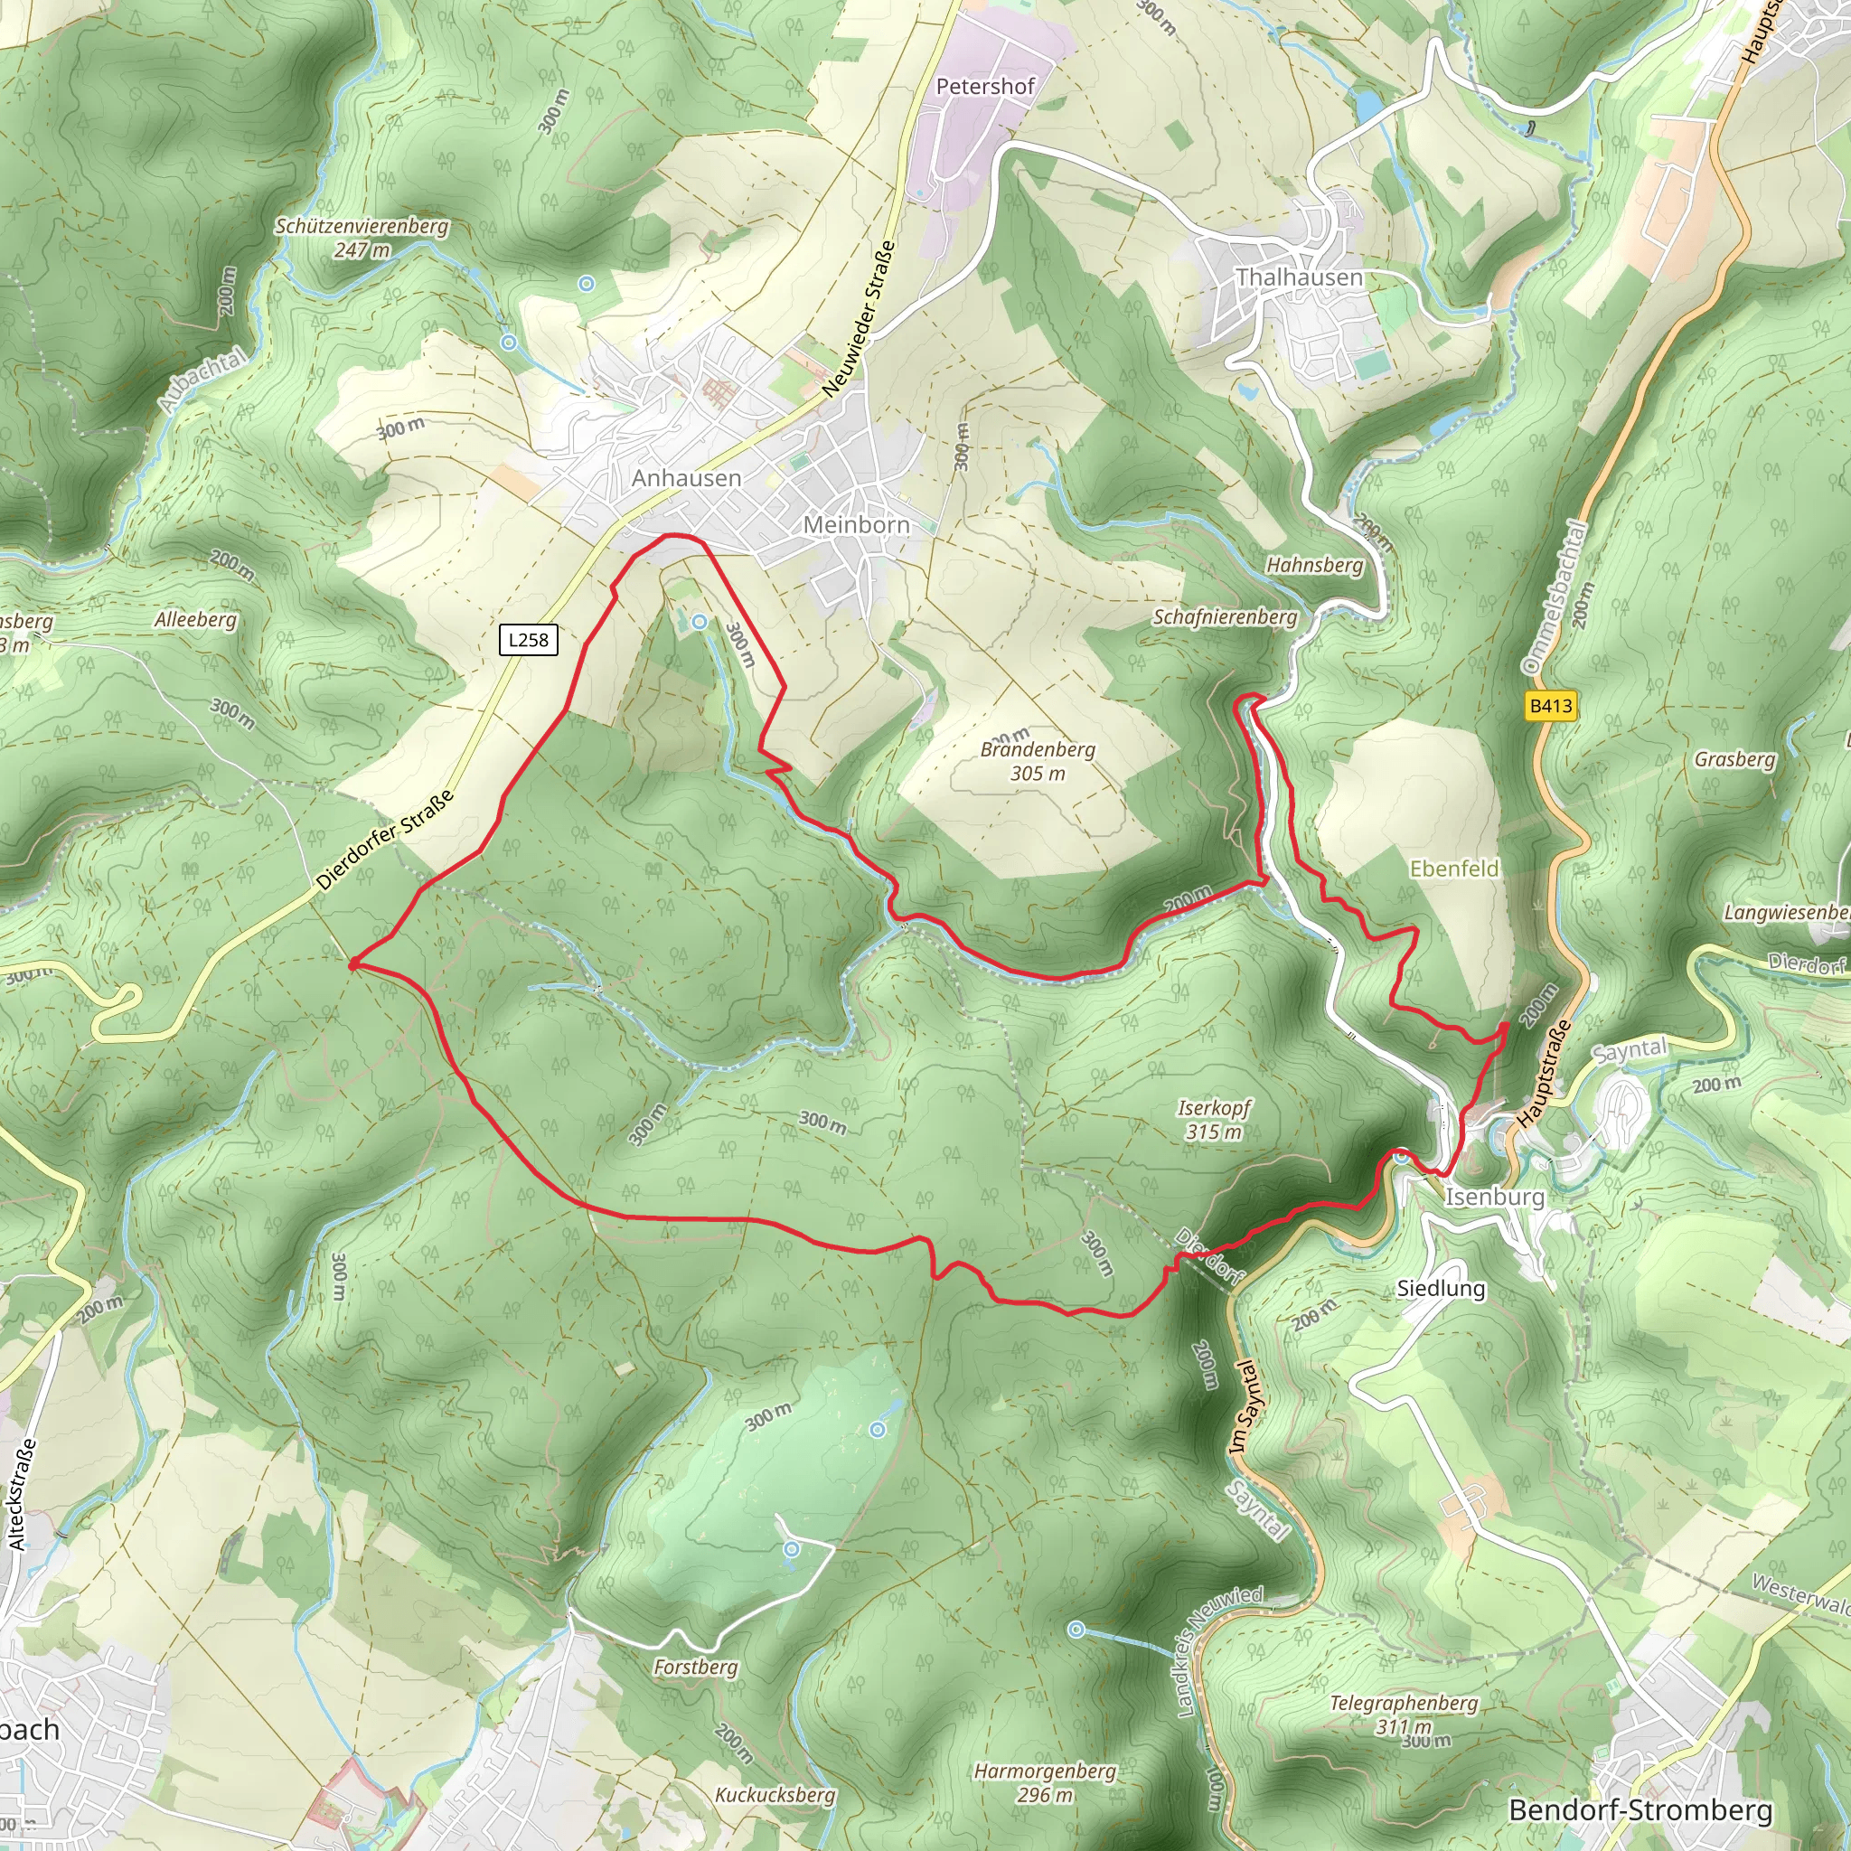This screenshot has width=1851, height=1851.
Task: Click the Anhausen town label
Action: click(x=686, y=478)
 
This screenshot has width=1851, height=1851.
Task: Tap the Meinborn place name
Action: click(x=856, y=525)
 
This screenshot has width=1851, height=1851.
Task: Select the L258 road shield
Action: click(x=528, y=640)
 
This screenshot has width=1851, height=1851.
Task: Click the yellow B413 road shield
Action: click(x=1549, y=706)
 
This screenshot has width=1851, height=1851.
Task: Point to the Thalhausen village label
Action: click(x=1298, y=277)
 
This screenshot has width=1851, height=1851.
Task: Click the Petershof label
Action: click(x=985, y=86)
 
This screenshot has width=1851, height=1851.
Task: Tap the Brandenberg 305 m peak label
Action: click(x=1037, y=761)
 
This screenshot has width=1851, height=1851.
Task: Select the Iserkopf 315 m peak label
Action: click(x=1214, y=1120)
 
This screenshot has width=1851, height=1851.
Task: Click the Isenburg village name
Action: click(x=1494, y=1197)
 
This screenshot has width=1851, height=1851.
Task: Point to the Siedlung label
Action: click(x=1440, y=1289)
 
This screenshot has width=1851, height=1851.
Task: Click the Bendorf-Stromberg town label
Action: click(x=1640, y=1809)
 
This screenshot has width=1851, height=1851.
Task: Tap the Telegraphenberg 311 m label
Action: click(x=1404, y=1714)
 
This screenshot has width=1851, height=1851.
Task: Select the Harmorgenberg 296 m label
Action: click(x=1044, y=1783)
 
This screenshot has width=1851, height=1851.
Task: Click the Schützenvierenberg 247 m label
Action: click(x=362, y=238)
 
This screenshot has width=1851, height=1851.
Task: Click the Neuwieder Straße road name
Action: click(x=859, y=319)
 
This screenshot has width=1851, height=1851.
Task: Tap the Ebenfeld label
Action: click(x=1453, y=869)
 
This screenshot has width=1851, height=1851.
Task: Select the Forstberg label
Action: click(x=696, y=1667)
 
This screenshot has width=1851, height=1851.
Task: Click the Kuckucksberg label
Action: click(x=775, y=1794)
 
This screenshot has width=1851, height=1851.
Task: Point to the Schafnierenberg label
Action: click(x=1225, y=617)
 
